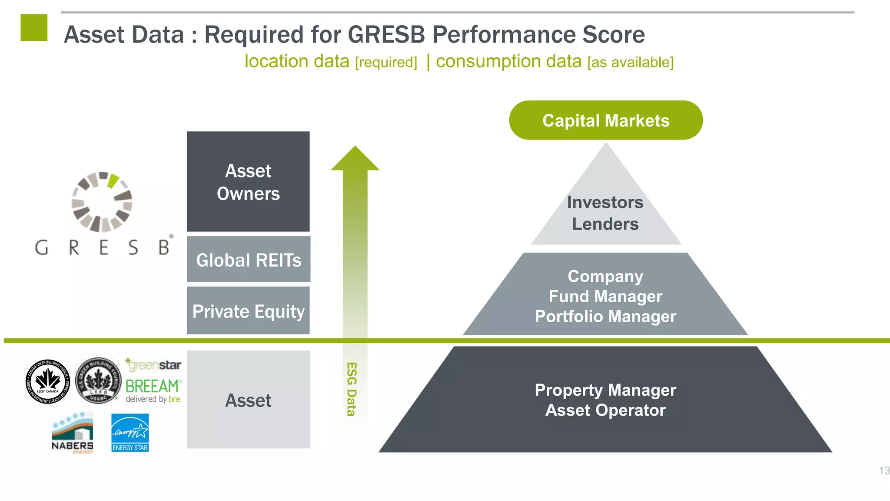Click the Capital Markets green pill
pyautogui.click(x=606, y=120)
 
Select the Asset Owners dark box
pyautogui.click(x=248, y=182)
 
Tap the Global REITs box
pyautogui.click(x=248, y=260)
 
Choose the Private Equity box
pyautogui.click(x=248, y=311)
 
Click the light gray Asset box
pyautogui.click(x=248, y=400)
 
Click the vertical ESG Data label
pyautogui.click(x=352, y=389)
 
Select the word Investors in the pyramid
pyautogui.click(x=605, y=202)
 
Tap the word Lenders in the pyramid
pyautogui.click(x=605, y=224)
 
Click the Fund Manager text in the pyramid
pyautogui.click(x=605, y=296)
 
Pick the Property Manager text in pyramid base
pyautogui.click(x=605, y=390)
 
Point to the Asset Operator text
pyautogui.click(x=605, y=410)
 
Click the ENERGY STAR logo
pyautogui.click(x=130, y=432)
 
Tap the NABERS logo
pyautogui.click(x=73, y=432)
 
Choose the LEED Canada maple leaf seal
pyautogui.click(x=48, y=381)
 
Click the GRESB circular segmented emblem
pyautogui.click(x=102, y=202)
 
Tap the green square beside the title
pyautogui.click(x=34, y=27)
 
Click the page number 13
pyautogui.click(x=883, y=471)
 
